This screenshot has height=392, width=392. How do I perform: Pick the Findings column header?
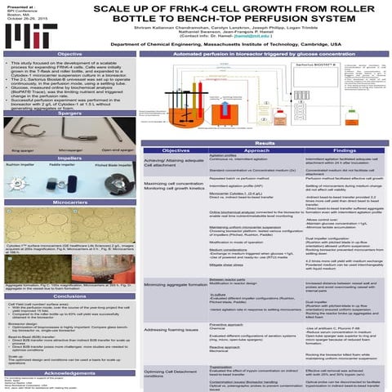(x=344, y=151)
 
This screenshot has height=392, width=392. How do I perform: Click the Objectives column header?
(x=176, y=151)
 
